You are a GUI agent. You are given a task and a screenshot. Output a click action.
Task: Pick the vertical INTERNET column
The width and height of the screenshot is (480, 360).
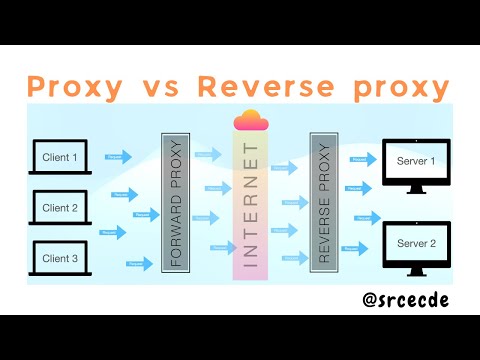(251, 205)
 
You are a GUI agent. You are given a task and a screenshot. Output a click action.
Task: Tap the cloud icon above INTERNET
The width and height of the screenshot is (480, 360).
(252, 120)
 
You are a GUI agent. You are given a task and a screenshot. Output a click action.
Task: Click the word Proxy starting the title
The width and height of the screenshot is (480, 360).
(75, 86)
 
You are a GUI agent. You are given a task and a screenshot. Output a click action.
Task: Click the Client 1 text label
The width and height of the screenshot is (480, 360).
(58, 157)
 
